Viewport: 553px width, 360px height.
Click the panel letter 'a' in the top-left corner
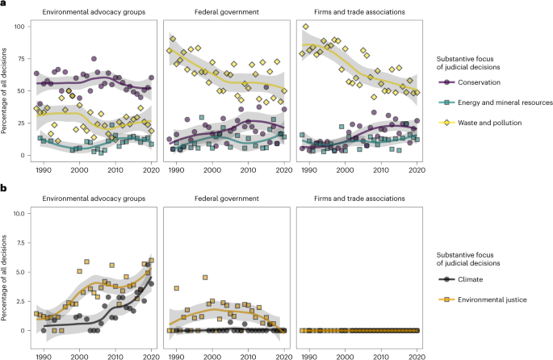(4, 4)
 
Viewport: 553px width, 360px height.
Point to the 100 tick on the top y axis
(19, 27)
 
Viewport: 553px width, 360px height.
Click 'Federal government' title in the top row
(225, 14)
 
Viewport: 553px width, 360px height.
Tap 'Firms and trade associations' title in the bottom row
(359, 198)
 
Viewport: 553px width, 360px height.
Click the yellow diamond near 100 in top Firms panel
(305, 27)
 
